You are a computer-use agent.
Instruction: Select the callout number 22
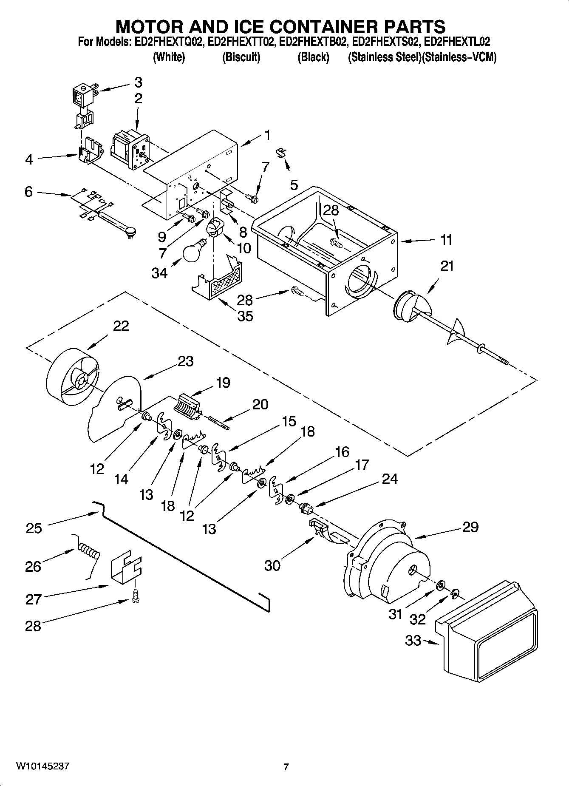pyautogui.click(x=121, y=326)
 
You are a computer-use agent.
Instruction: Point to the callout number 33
pyautogui.click(x=413, y=640)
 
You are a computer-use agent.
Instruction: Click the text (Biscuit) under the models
pyautogui.click(x=241, y=57)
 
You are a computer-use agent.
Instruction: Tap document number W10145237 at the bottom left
pyautogui.click(x=42, y=766)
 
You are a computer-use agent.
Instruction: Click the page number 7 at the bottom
pyautogui.click(x=286, y=767)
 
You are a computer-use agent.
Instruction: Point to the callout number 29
pyautogui.click(x=470, y=527)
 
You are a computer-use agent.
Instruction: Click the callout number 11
pyautogui.click(x=446, y=240)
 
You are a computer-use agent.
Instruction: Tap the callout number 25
pyautogui.click(x=34, y=528)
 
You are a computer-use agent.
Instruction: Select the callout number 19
pyautogui.click(x=222, y=383)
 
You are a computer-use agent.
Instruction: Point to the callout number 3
pyautogui.click(x=138, y=82)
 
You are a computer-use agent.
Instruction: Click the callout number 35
pyautogui.click(x=245, y=316)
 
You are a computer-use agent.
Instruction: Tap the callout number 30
pyautogui.click(x=272, y=565)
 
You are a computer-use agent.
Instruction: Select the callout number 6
pyautogui.click(x=28, y=192)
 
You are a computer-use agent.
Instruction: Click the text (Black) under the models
pyautogui.click(x=313, y=57)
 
